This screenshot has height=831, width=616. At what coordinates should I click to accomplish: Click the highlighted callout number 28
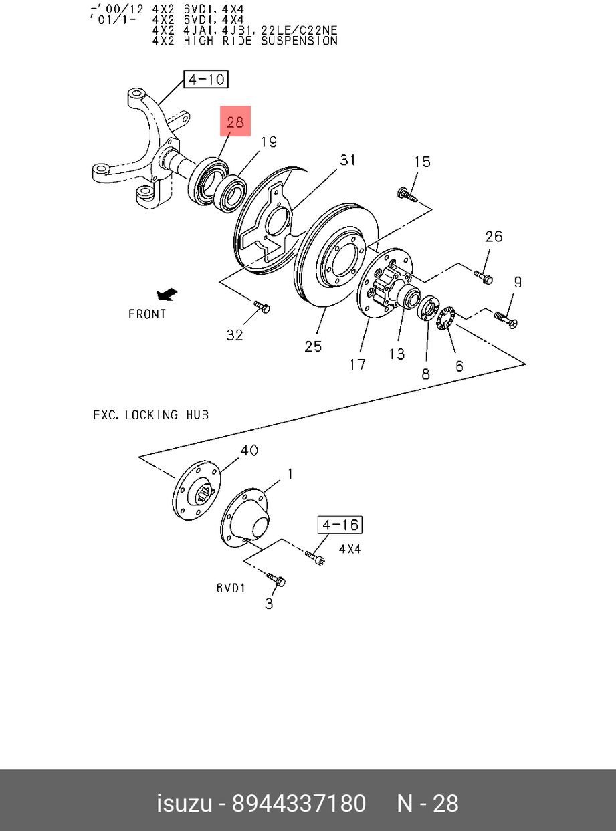(235, 122)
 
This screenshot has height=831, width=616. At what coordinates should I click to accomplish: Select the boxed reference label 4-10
(206, 80)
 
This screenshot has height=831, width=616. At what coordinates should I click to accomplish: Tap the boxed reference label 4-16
(340, 525)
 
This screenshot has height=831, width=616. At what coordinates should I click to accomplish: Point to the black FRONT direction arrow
(167, 294)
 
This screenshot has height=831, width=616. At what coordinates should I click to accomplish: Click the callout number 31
(348, 160)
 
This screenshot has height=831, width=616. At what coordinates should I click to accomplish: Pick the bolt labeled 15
(407, 195)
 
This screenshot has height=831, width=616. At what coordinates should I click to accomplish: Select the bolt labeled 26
(484, 277)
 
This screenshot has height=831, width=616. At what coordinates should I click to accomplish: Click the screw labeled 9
(506, 320)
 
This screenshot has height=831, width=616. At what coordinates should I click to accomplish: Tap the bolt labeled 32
(262, 307)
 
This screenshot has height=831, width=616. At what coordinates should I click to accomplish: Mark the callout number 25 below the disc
(313, 346)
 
